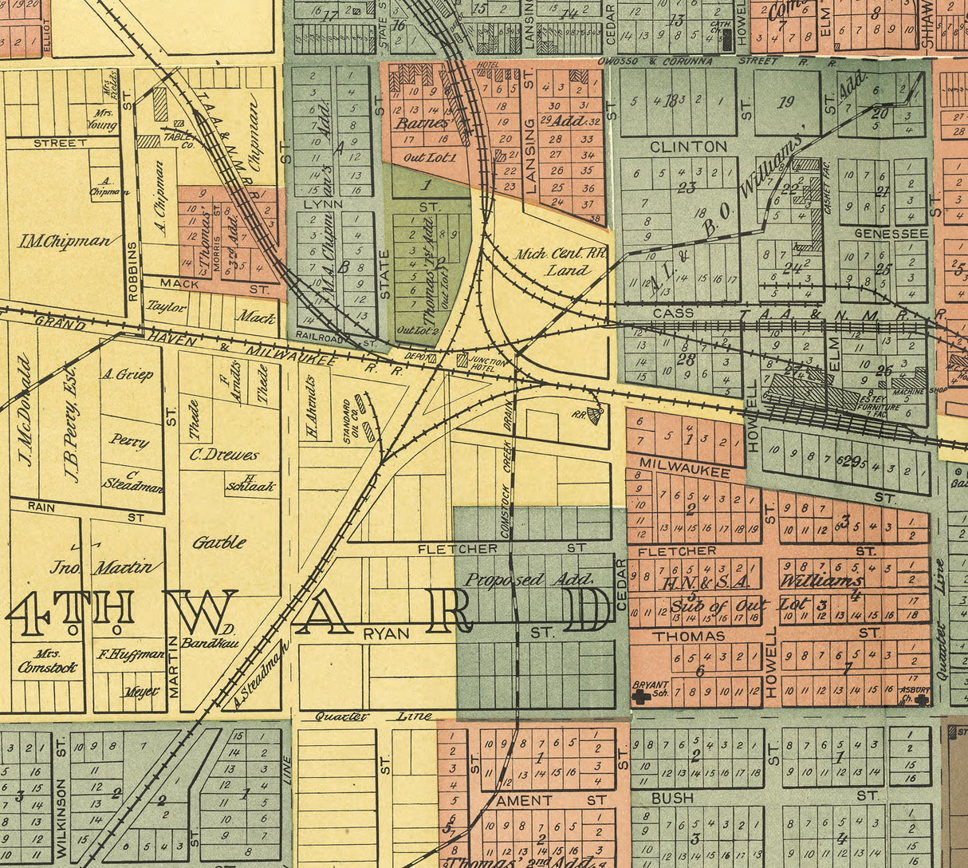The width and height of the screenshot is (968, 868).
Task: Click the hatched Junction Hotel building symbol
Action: pyautogui.click(x=462, y=361)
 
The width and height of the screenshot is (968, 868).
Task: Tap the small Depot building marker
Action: pyautogui.click(x=431, y=359)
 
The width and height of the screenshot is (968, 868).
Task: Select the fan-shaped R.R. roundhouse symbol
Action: pyautogui.click(x=595, y=416)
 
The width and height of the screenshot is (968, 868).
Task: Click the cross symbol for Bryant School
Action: pyautogui.click(x=639, y=696)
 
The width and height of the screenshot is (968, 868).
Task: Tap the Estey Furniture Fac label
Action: pyautogui.click(x=878, y=405)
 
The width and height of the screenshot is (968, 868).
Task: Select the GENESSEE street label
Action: pyautogui.click(x=891, y=234)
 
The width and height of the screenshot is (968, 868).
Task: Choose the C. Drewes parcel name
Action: pyautogui.click(x=224, y=456)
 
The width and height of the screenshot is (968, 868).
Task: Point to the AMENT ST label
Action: pyautogui.click(x=550, y=799)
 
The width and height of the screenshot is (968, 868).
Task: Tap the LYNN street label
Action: pyautogui.click(x=323, y=203)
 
